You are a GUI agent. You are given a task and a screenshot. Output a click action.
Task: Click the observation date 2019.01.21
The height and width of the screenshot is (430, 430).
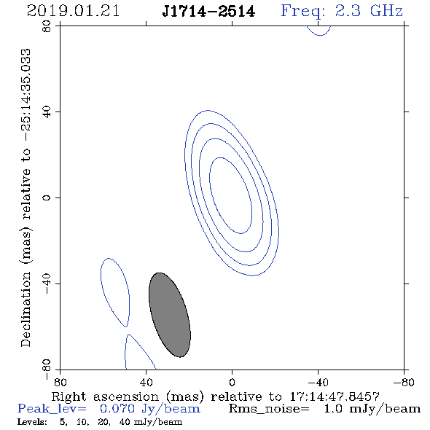click(x=73, y=11)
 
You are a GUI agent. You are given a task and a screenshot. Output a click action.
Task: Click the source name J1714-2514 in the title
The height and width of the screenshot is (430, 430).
click(x=208, y=12)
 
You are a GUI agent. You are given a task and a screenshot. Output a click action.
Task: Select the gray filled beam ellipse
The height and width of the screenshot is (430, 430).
click(x=170, y=315)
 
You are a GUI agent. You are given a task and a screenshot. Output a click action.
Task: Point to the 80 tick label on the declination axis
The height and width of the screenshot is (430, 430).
click(x=47, y=26)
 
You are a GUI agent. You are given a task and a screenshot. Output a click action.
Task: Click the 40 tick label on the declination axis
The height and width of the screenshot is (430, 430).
click(x=47, y=112)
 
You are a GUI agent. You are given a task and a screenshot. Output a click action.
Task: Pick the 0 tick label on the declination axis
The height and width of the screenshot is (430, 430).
click(x=47, y=198)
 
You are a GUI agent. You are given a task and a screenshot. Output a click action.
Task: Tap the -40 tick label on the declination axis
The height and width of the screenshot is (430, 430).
click(x=47, y=284)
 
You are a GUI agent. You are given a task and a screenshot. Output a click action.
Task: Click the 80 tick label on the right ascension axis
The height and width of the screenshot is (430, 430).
click(x=60, y=383)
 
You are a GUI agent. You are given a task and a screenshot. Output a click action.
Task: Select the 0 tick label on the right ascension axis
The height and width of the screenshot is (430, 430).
click(x=232, y=383)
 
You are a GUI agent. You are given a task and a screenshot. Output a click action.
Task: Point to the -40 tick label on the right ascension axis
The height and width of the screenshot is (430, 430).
click(x=318, y=383)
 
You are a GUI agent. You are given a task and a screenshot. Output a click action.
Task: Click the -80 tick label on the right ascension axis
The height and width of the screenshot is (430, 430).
click(x=404, y=383)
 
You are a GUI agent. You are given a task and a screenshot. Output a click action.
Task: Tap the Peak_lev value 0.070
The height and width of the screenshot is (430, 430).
click(x=117, y=409)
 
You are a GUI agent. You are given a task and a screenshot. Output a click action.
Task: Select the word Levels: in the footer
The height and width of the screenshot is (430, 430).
click(x=32, y=422)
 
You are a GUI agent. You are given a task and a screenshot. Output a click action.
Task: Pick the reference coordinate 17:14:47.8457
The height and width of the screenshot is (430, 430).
click(x=335, y=396)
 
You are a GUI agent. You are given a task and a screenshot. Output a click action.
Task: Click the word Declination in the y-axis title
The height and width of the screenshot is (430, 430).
click(x=26, y=309)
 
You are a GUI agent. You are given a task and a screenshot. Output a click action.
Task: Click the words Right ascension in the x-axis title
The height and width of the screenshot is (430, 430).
click(x=105, y=396)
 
